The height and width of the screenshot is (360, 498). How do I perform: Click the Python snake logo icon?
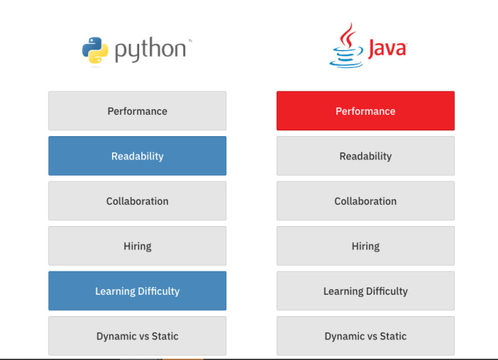tap(95, 50)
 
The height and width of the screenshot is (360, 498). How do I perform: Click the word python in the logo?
tap(150, 50)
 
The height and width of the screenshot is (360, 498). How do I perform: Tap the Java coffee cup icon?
tap(346, 45)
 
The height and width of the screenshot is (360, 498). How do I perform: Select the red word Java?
tap(387, 48)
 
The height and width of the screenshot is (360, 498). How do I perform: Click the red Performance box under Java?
tap(365, 110)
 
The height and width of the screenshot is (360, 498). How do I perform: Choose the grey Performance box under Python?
tap(137, 110)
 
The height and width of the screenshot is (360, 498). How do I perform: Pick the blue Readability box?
tap(137, 156)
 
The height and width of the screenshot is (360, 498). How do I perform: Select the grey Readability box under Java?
tap(365, 156)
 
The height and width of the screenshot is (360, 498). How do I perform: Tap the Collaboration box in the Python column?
tap(137, 201)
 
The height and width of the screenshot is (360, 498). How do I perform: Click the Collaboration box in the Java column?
tap(365, 201)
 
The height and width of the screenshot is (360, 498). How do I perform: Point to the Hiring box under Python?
tap(137, 246)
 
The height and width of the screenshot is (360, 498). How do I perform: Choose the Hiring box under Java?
tap(365, 246)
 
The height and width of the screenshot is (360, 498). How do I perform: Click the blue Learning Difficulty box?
tap(137, 290)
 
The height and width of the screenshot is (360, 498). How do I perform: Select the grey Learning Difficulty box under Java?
tap(365, 290)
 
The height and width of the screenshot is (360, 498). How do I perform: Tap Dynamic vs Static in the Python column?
tap(137, 336)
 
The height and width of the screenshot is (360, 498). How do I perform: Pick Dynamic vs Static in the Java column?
tap(365, 336)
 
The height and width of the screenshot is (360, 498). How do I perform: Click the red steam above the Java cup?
tap(348, 35)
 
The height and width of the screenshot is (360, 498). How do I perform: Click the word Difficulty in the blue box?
tap(159, 291)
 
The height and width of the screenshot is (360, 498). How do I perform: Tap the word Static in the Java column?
tap(393, 336)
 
